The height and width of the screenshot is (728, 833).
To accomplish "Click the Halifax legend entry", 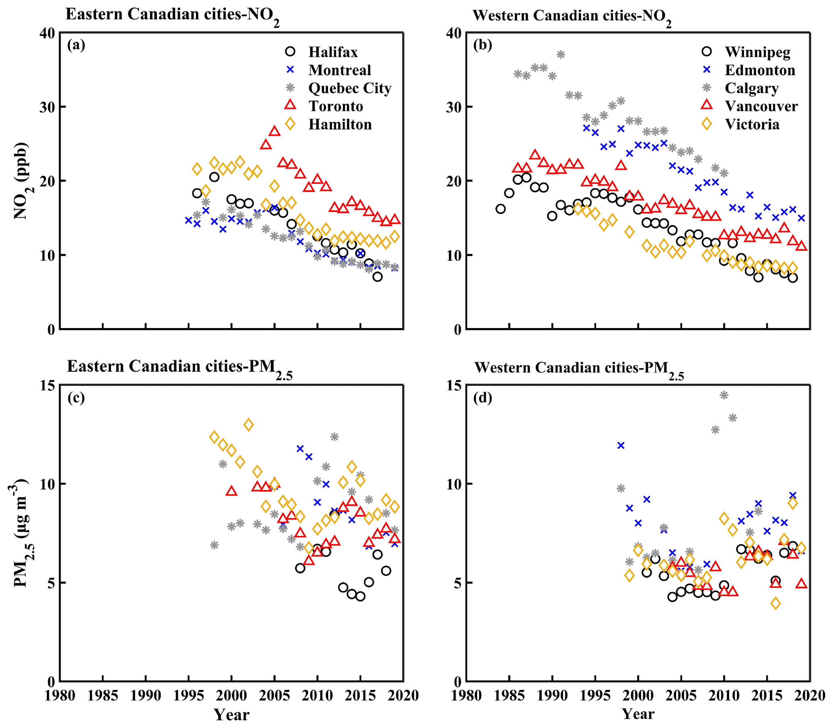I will pyautogui.click(x=332, y=52).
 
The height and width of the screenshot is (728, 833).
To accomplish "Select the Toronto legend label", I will pyautogui.click(x=335, y=106).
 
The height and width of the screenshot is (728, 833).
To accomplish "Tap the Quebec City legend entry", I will pyautogui.click(x=349, y=88).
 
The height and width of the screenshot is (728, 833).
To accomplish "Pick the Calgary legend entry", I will pyautogui.click(x=751, y=88).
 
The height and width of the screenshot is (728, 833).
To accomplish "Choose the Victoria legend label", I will pyautogui.click(x=752, y=124).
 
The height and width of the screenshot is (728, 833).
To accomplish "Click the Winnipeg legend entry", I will pyautogui.click(x=758, y=52).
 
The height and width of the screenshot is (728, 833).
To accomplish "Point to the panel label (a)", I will pyautogui.click(x=76, y=45).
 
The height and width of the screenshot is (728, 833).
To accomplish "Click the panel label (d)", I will pyautogui.click(x=482, y=398).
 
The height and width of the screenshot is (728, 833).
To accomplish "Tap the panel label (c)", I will pyautogui.click(x=76, y=398).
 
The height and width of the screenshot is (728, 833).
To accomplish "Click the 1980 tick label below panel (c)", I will pyautogui.click(x=60, y=695).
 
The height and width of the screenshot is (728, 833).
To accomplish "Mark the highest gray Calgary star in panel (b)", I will pyautogui.click(x=561, y=54).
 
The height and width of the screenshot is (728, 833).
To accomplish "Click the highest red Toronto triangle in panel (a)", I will pyautogui.click(x=274, y=131).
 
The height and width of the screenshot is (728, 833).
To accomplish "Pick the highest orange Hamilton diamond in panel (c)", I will pyautogui.click(x=249, y=425).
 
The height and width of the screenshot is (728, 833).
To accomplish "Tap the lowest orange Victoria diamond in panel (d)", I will pyautogui.click(x=776, y=603).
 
